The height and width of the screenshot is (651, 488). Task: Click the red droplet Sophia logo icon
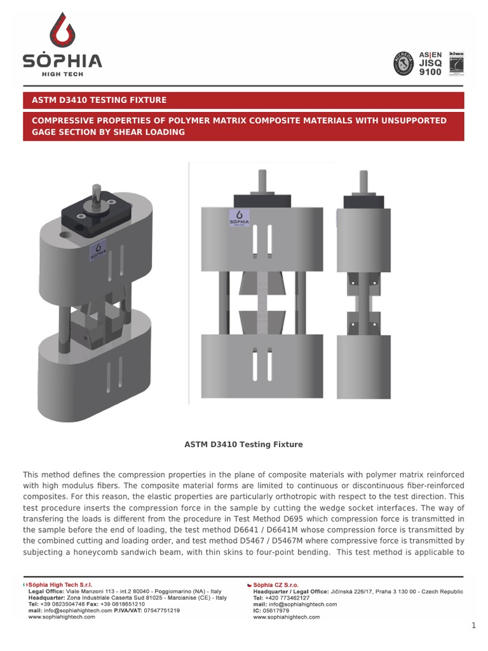(x=62, y=31)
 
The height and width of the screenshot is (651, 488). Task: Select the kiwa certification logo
(x=456, y=63)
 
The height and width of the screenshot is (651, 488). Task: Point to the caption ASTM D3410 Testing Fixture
(x=243, y=444)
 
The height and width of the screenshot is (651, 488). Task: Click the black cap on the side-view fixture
(x=363, y=201)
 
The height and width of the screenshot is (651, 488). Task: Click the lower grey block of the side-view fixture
(x=363, y=366)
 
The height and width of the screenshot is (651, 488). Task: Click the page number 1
(x=473, y=626)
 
